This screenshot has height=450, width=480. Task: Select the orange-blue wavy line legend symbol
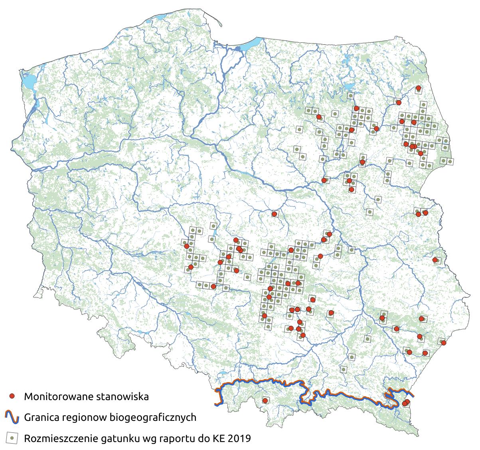[x=12, y=418]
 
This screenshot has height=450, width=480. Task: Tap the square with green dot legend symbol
[x=12, y=438]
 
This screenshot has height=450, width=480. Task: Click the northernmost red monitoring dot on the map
[x=418, y=88]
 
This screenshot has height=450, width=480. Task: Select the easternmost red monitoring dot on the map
[x=443, y=343]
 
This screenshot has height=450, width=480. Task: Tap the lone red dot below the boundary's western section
[x=265, y=400]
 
